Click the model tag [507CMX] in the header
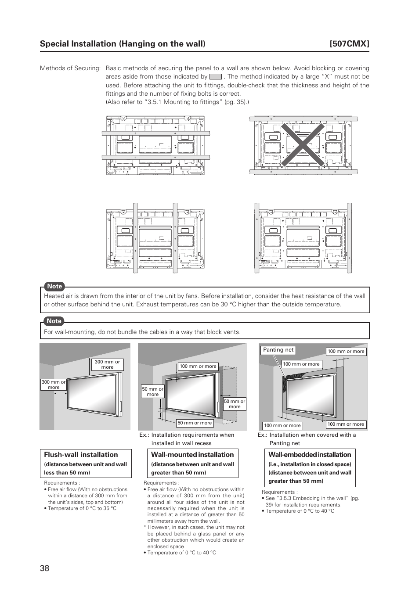click(x=349, y=43)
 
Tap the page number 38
click(x=44, y=568)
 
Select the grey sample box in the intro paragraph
click(x=216, y=77)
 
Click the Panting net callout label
click(x=278, y=350)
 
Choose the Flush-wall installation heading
click(x=81, y=455)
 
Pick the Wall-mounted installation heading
click(x=192, y=455)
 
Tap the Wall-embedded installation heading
click(x=310, y=455)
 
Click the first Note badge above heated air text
click(x=54, y=286)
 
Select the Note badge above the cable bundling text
click(x=54, y=321)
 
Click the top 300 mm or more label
click(x=107, y=365)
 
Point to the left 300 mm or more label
click(x=54, y=385)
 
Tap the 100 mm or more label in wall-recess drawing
click(x=198, y=366)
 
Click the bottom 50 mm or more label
click(x=195, y=423)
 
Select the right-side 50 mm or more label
click(x=235, y=404)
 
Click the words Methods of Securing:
click(x=70, y=68)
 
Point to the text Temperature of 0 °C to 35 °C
click(x=82, y=508)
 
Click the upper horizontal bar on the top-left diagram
click(x=155, y=133)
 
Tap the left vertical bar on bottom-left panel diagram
click(x=135, y=237)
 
